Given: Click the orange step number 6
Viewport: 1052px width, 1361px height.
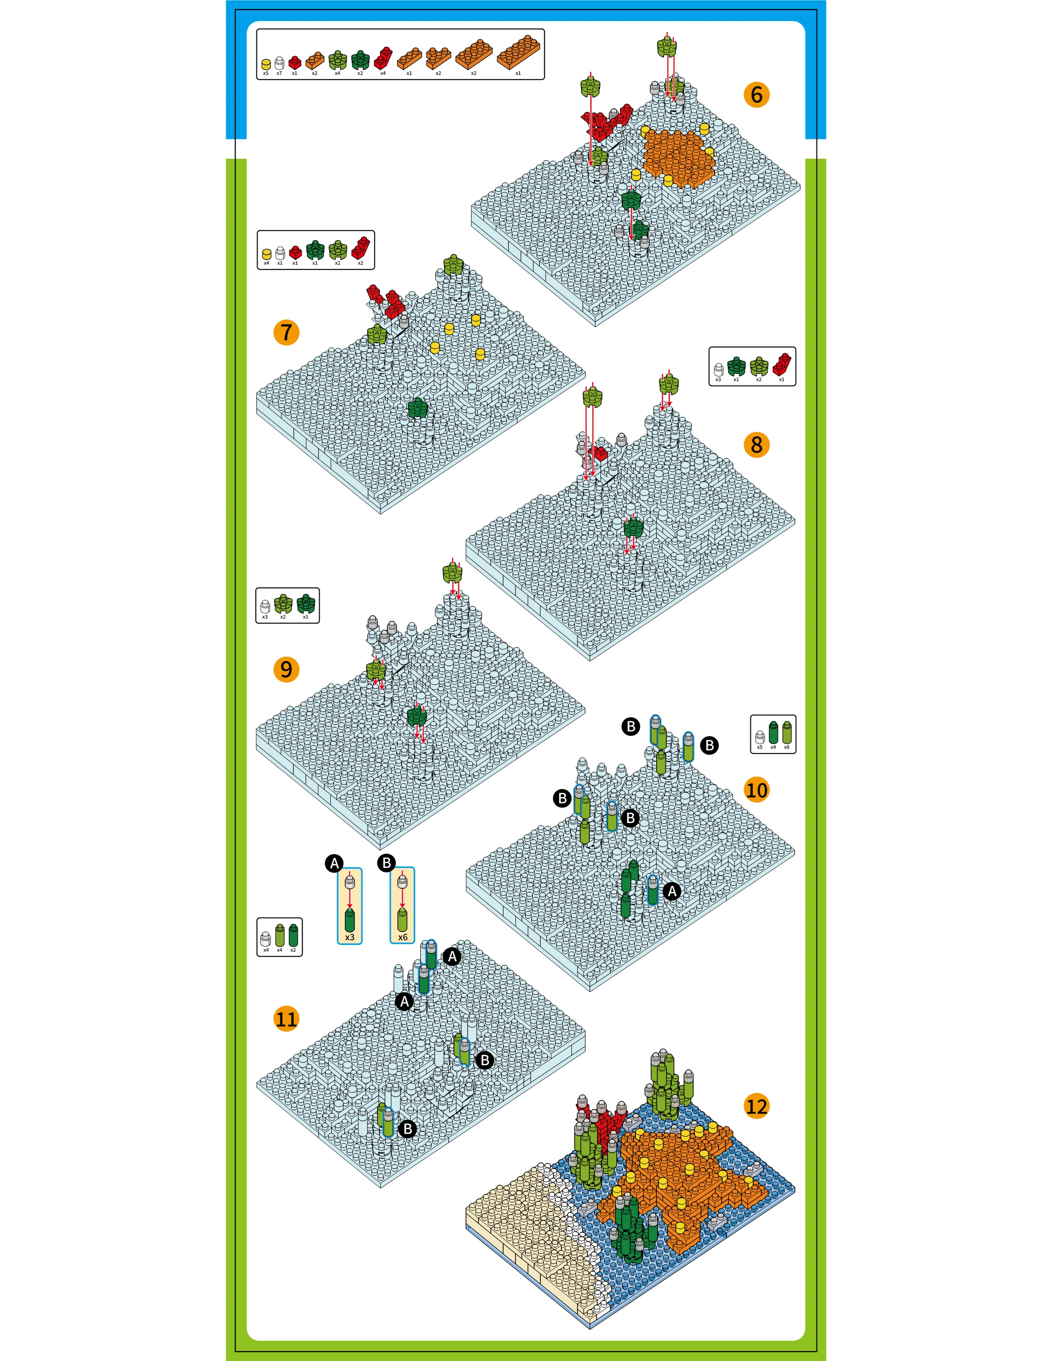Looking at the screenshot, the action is coord(756,95).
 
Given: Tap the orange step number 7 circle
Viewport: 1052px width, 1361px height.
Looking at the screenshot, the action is coord(286,332).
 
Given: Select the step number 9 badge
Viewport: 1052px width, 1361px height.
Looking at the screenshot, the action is coord(286,669).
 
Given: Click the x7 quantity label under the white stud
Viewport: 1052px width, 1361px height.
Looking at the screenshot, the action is coord(279,73).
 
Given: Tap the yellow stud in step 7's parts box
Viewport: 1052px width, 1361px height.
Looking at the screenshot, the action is coord(267,254).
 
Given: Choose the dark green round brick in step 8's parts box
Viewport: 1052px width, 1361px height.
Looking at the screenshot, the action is coord(736,366).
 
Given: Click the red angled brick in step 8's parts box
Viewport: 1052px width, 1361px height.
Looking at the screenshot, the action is coord(781,365).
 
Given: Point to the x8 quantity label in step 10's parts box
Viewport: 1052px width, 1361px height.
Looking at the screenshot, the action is coord(786,747).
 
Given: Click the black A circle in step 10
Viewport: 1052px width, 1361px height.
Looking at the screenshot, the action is coord(672,892).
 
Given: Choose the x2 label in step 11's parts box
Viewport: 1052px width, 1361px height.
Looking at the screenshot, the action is coord(293,950).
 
